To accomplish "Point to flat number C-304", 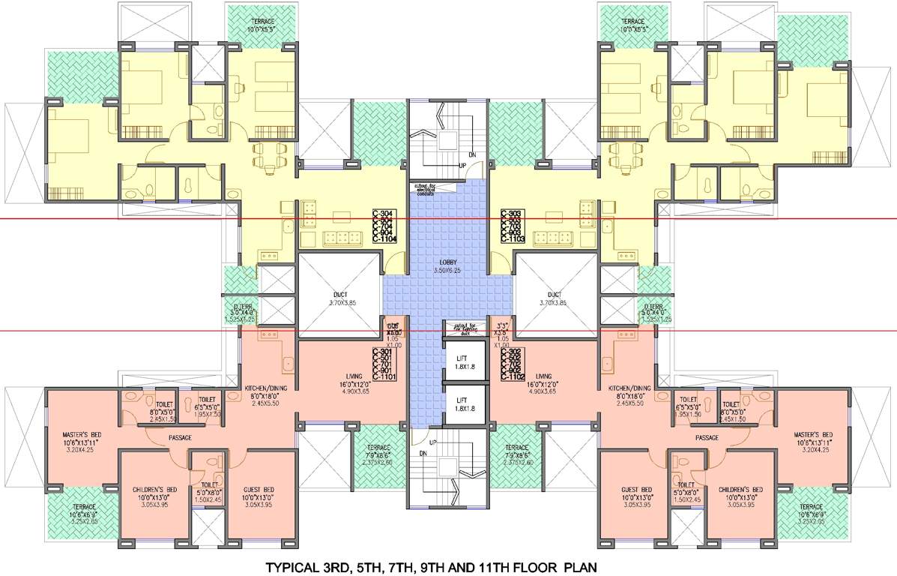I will (x=384, y=214).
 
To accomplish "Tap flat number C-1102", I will (x=513, y=377).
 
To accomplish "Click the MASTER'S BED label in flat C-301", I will (x=82, y=434).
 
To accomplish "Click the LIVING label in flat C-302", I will (x=544, y=376).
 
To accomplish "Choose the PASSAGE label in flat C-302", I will (x=707, y=437).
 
